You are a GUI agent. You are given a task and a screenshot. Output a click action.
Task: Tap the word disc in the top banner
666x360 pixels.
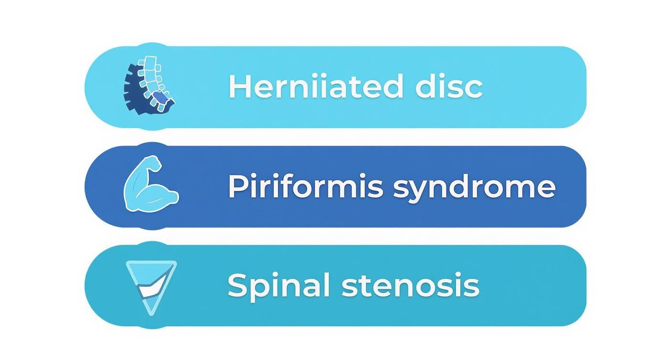point(448,87)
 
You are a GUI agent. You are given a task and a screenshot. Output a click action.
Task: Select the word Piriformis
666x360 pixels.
point(305,186)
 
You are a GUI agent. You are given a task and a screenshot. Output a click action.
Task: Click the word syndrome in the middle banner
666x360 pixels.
point(474,187)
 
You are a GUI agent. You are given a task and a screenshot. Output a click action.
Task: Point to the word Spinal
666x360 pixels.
point(279,285)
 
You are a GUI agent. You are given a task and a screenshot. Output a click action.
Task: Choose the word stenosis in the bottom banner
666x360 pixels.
point(410,285)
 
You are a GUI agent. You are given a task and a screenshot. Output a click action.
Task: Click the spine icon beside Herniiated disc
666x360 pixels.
point(149,85)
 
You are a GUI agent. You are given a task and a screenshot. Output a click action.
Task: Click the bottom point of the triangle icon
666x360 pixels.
point(151,312)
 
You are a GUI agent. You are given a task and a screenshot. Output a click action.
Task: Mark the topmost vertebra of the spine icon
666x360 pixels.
point(150,61)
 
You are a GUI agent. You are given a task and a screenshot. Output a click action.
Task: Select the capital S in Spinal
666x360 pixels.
point(238,285)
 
